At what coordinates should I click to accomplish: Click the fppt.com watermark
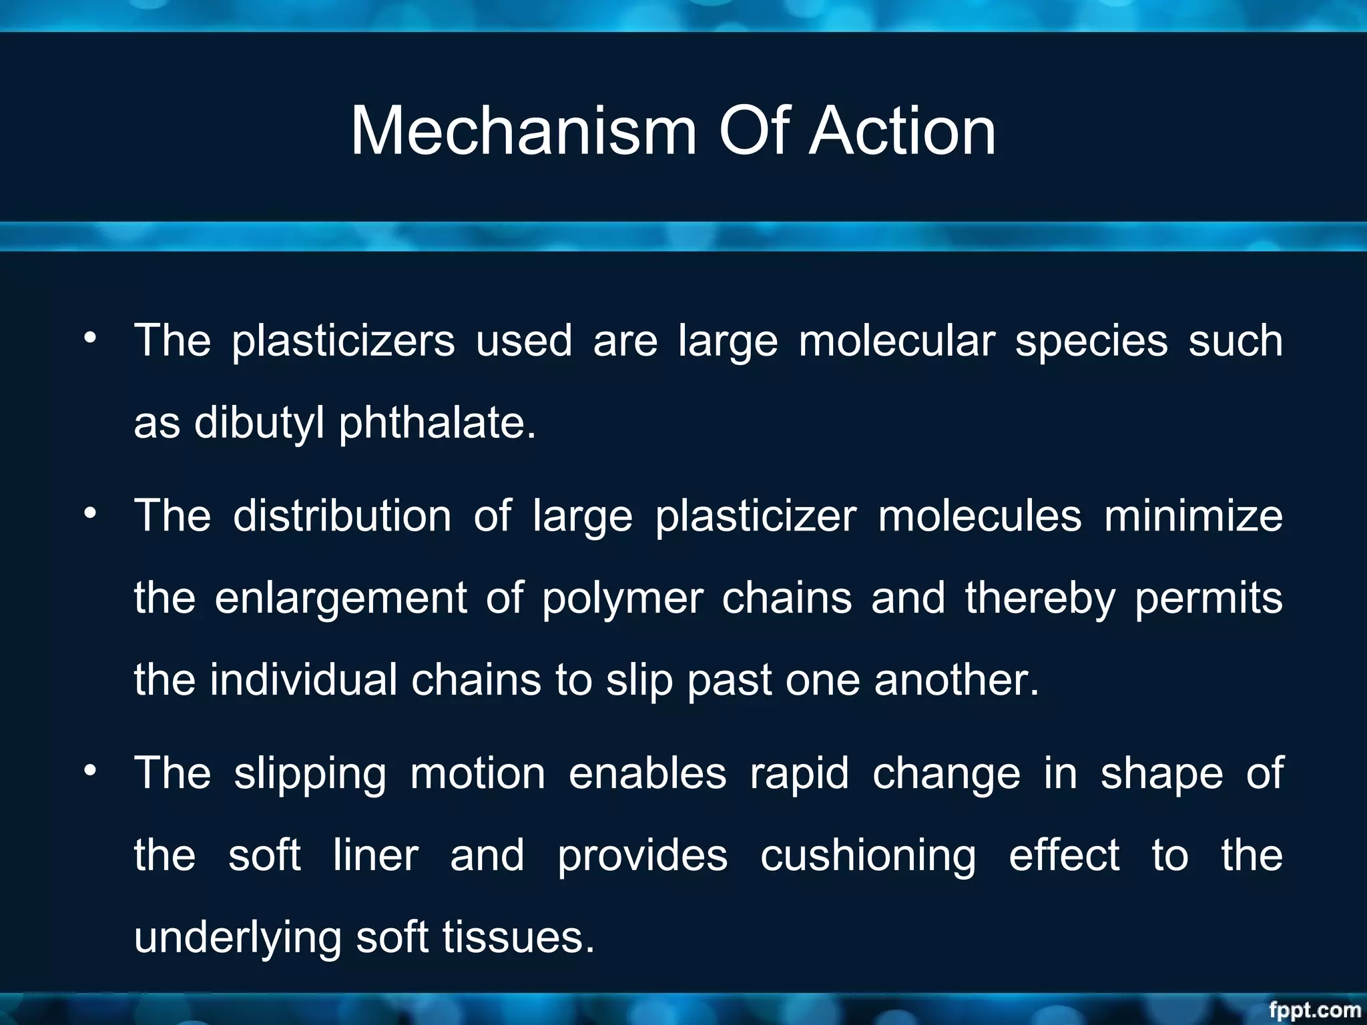coord(1314,1010)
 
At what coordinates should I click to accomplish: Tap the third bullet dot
coord(90,770)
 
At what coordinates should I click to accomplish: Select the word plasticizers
coord(343,342)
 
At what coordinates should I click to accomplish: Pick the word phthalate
coord(437,423)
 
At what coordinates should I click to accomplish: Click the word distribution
coord(342,517)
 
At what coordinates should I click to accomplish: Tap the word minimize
coord(1193,517)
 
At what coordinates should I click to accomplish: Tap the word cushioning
coord(868,856)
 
